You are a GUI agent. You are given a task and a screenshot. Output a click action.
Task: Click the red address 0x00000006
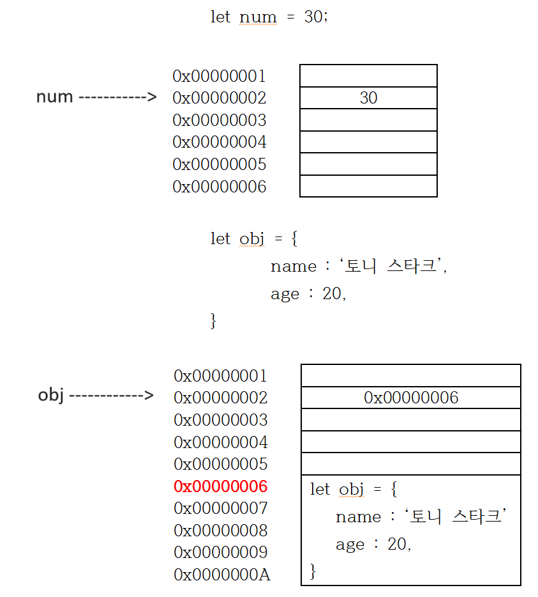click(x=221, y=486)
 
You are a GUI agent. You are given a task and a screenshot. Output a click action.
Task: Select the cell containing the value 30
click(x=368, y=98)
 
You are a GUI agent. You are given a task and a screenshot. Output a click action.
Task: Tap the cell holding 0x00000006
click(x=411, y=398)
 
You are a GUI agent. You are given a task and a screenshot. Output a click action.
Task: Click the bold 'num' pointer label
click(x=55, y=97)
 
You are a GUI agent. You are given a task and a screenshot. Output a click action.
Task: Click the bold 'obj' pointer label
click(x=52, y=395)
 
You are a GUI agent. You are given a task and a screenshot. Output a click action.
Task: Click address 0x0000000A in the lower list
click(x=222, y=575)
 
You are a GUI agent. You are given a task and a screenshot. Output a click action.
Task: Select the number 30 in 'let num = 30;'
click(x=314, y=17)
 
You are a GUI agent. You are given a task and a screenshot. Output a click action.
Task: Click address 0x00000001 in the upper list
click(x=219, y=76)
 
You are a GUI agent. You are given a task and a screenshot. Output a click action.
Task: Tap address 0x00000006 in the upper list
click(x=219, y=186)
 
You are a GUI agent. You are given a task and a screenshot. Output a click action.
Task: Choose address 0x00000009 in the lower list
click(x=221, y=552)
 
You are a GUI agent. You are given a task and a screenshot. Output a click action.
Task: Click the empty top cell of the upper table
click(x=368, y=75)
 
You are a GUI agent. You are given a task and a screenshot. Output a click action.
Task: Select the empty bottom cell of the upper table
click(x=368, y=186)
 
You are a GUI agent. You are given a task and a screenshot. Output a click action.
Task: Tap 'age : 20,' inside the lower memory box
click(x=373, y=545)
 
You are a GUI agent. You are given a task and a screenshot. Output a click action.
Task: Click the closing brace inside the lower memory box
click(x=313, y=570)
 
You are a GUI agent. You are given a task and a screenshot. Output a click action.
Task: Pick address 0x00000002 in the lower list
click(x=221, y=398)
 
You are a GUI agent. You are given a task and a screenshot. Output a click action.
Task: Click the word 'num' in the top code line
click(x=258, y=17)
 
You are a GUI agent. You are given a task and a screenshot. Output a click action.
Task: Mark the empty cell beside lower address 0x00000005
click(x=411, y=464)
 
